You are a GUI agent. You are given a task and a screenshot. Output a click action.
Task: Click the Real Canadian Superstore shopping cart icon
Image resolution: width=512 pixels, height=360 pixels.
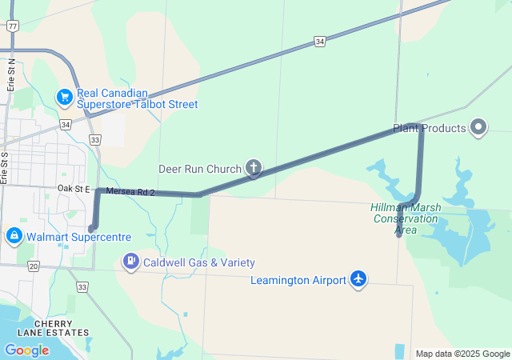[64, 97]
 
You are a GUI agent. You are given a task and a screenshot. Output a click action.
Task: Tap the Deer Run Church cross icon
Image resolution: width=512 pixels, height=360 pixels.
[253, 168]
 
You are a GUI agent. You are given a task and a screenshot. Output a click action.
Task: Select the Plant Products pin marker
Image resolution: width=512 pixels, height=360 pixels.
[478, 127]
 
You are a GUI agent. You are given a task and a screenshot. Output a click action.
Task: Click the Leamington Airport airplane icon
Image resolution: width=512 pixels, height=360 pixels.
[358, 279]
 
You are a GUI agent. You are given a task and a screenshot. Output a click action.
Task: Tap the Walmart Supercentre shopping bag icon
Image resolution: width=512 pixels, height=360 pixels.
[14, 236]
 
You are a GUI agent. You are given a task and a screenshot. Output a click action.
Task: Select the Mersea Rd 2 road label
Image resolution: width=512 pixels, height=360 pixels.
[130, 192]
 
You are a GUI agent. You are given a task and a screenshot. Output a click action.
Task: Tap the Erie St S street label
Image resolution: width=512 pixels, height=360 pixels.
[4, 168]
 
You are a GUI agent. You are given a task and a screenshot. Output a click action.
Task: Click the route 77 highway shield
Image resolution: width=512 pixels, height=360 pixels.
[12, 26]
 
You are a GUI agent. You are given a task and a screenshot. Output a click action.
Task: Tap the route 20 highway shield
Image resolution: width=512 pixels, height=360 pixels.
[33, 266]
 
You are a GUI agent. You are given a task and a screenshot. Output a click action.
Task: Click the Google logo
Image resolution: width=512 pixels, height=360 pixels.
[26, 350]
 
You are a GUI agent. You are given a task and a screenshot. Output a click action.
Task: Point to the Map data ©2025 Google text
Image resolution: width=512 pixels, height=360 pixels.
[462, 354]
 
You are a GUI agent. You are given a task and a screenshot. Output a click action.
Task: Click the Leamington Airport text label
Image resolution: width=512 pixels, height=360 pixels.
[298, 280]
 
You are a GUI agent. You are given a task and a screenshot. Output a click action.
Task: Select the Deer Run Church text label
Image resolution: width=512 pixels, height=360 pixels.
[200, 169]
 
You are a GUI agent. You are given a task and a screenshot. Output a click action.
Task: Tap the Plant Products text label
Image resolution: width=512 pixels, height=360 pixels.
[429, 128]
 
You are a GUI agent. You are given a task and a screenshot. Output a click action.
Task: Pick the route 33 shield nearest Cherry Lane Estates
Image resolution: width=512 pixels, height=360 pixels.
[82, 286]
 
